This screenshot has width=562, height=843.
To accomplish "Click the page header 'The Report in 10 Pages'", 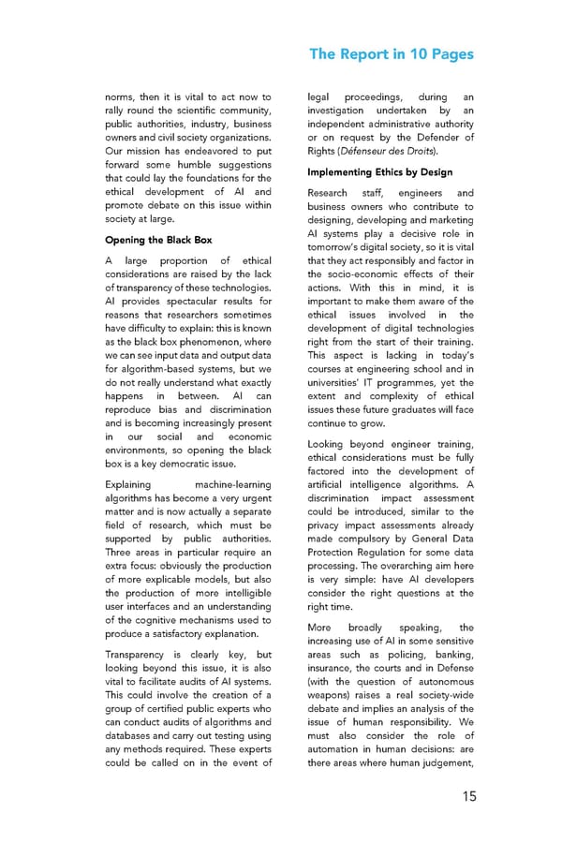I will tap(392, 53).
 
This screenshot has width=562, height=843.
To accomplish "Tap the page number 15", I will tap(468, 796).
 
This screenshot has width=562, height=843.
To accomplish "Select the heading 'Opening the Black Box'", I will tap(158, 240).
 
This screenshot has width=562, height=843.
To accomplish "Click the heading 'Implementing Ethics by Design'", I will tap(379, 172).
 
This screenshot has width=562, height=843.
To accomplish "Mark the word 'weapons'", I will tap(333, 709).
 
